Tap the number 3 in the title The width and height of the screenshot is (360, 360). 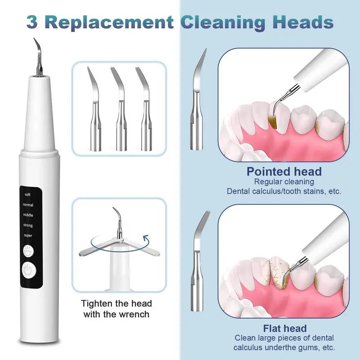pos(32,22)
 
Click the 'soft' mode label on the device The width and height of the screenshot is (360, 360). pos(27,195)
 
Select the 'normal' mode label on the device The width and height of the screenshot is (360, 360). pos(28,205)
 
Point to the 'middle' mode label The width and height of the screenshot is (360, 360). pos(28,215)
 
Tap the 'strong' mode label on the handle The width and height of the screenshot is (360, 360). pos(28,225)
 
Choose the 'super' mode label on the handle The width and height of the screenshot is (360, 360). pos(27,235)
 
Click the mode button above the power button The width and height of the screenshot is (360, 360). pos(29,250)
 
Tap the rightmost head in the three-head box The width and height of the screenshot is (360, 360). pos(144,110)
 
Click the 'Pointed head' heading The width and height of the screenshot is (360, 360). pos(284,171)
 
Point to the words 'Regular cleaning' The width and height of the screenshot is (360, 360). pos(283,182)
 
